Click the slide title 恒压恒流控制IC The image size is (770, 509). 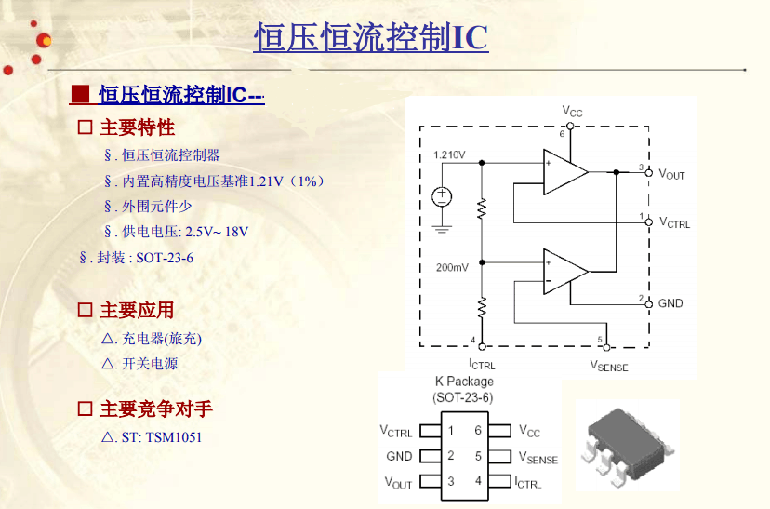(x=371, y=37)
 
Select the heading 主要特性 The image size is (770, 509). (x=137, y=127)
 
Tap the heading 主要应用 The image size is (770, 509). (x=137, y=310)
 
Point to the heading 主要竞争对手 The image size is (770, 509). (x=156, y=409)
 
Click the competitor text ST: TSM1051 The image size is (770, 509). (x=152, y=436)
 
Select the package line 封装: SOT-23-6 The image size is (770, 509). (x=137, y=258)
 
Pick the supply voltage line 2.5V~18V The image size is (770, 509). (x=177, y=232)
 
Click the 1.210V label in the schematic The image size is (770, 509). (x=449, y=154)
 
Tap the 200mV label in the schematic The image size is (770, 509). (x=452, y=267)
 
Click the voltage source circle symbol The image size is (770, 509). (x=442, y=197)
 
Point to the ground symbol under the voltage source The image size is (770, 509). (x=442, y=229)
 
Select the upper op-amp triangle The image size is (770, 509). (x=565, y=172)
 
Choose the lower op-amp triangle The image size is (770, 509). (x=565, y=272)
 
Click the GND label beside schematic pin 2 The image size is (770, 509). (x=670, y=303)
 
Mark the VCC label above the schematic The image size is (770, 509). (x=572, y=112)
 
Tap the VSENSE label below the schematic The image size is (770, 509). (x=609, y=366)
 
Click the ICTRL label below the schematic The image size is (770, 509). (x=482, y=365)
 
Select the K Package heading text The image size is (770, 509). (x=464, y=382)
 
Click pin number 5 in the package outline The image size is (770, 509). (x=478, y=457)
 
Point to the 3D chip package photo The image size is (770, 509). (x=628, y=445)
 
